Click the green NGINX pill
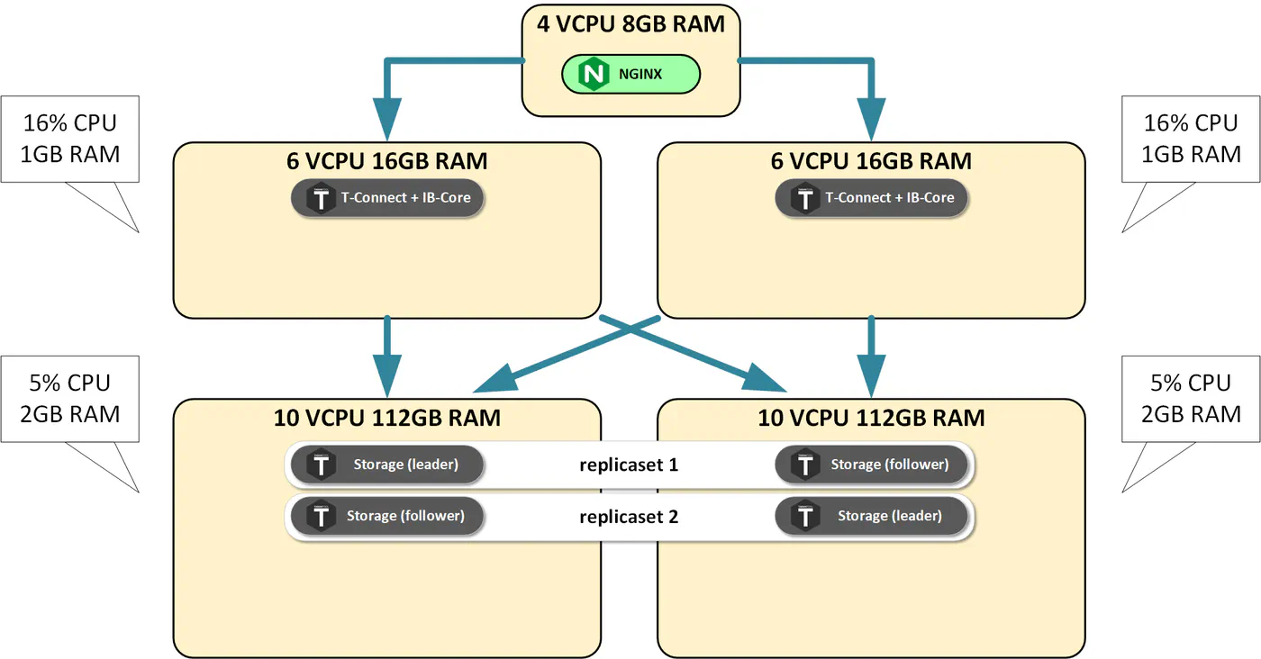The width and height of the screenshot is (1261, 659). coord(630,74)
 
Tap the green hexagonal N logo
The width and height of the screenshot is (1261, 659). coord(594,74)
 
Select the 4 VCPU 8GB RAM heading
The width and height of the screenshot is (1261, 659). coord(630,24)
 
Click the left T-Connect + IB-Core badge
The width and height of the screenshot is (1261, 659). coord(387,197)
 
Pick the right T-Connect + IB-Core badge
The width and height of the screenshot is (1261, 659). coord(872,197)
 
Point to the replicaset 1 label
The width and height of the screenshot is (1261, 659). coord(629,465)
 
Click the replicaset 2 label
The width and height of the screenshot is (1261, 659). coord(629,517)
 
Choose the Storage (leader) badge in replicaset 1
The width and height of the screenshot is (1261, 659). coord(387,465)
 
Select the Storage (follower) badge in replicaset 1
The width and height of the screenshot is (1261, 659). coord(872,465)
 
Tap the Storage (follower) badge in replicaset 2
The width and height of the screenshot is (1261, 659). coord(387,516)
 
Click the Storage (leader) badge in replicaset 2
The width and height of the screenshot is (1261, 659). coord(872,516)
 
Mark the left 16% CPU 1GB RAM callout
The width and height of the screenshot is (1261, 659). coord(70,139)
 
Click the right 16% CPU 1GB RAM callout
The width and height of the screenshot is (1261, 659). coord(1191,139)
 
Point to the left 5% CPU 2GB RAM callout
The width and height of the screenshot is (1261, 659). coord(70,399)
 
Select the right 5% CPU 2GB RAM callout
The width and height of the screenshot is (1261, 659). coord(1191,399)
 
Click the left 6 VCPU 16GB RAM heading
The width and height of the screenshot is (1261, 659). coord(387,161)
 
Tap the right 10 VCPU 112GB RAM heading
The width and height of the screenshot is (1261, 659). coord(872,418)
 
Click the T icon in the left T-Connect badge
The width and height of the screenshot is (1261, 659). coord(321,198)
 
